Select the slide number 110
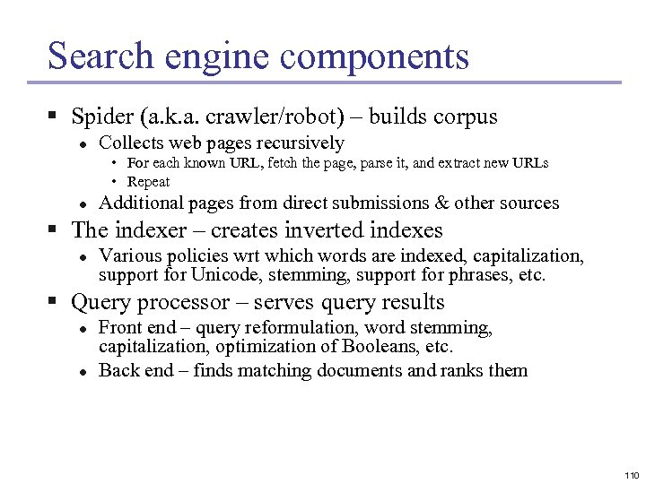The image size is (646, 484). click(x=630, y=474)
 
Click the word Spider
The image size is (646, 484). click(x=101, y=117)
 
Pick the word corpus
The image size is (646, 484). click(x=467, y=117)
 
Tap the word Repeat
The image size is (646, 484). click(x=149, y=182)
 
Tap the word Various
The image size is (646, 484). click(x=128, y=256)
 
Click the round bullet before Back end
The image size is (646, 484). click(x=81, y=371)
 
